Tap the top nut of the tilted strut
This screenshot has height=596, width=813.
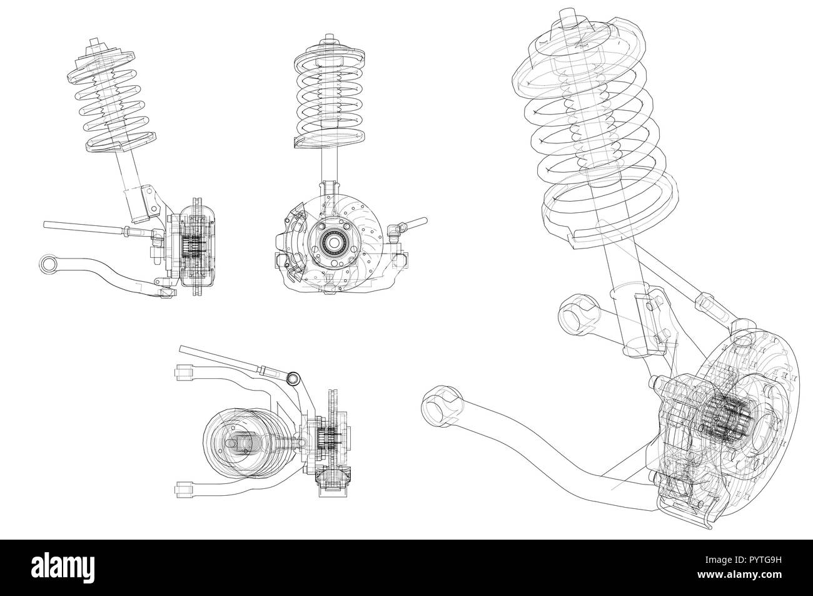click(x=94, y=44)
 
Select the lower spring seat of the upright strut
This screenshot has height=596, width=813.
click(x=329, y=138)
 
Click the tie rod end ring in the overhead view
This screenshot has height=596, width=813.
click(x=293, y=378)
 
